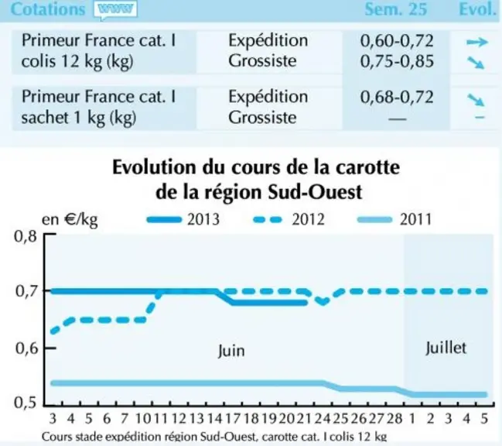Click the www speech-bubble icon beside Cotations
tap(115, 10)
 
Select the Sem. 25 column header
tap(396, 9)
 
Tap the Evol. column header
tap(477, 9)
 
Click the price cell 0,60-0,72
tap(397, 41)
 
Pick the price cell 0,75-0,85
tap(397, 61)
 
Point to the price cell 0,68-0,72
tap(397, 97)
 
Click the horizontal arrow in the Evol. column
tap(477, 42)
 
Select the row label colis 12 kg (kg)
tap(77, 61)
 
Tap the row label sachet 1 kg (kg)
tap(79, 117)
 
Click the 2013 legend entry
tap(183, 219)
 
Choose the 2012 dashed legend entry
tap(289, 219)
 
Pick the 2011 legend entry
tap(394, 219)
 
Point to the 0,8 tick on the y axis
tap(26, 236)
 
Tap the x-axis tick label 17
tap(233, 418)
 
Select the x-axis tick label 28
tap(394, 418)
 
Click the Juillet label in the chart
tap(446, 348)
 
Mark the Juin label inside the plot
tap(231, 351)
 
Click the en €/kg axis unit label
tap(70, 220)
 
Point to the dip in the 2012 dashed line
tap(323, 301)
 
